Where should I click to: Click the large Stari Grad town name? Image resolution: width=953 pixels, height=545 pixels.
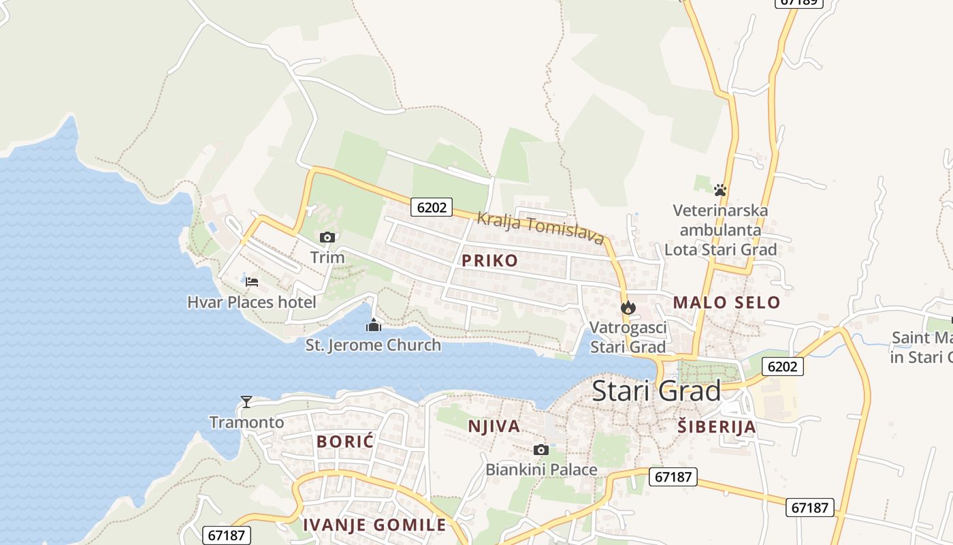tap(656, 391)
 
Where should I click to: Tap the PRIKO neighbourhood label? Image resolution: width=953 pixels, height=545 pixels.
tap(489, 260)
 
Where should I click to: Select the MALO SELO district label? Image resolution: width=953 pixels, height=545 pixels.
tap(726, 302)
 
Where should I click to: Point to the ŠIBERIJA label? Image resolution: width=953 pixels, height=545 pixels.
tap(717, 427)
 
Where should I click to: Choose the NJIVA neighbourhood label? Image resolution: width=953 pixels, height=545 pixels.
tap(494, 426)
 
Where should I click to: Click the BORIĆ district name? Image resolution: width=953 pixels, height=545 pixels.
tap(345, 441)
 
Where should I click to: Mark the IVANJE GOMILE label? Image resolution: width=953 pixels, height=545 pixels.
tap(374, 525)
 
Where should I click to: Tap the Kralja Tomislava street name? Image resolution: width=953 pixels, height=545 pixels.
tap(540, 228)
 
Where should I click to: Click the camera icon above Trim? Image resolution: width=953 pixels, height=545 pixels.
tap(327, 237)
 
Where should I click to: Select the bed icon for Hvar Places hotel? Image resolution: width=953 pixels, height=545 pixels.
tap(252, 281)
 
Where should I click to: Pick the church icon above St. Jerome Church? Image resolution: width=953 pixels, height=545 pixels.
tap(373, 325)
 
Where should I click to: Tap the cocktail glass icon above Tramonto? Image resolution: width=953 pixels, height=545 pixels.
tap(246, 402)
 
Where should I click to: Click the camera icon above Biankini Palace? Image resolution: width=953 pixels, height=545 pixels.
tap(541, 450)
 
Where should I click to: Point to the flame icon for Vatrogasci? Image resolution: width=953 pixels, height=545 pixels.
tap(628, 307)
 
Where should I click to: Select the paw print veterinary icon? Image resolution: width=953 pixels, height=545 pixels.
tap(720, 189)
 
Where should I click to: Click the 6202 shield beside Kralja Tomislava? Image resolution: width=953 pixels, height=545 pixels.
tap(432, 207)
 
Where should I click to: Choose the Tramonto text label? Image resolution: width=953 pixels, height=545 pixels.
tap(246, 422)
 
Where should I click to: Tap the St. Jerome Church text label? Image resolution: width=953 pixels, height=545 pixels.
tap(373, 345)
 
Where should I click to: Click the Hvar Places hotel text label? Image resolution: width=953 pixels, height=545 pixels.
tap(252, 302)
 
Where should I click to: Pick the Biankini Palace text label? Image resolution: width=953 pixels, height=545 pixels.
tap(541, 470)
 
